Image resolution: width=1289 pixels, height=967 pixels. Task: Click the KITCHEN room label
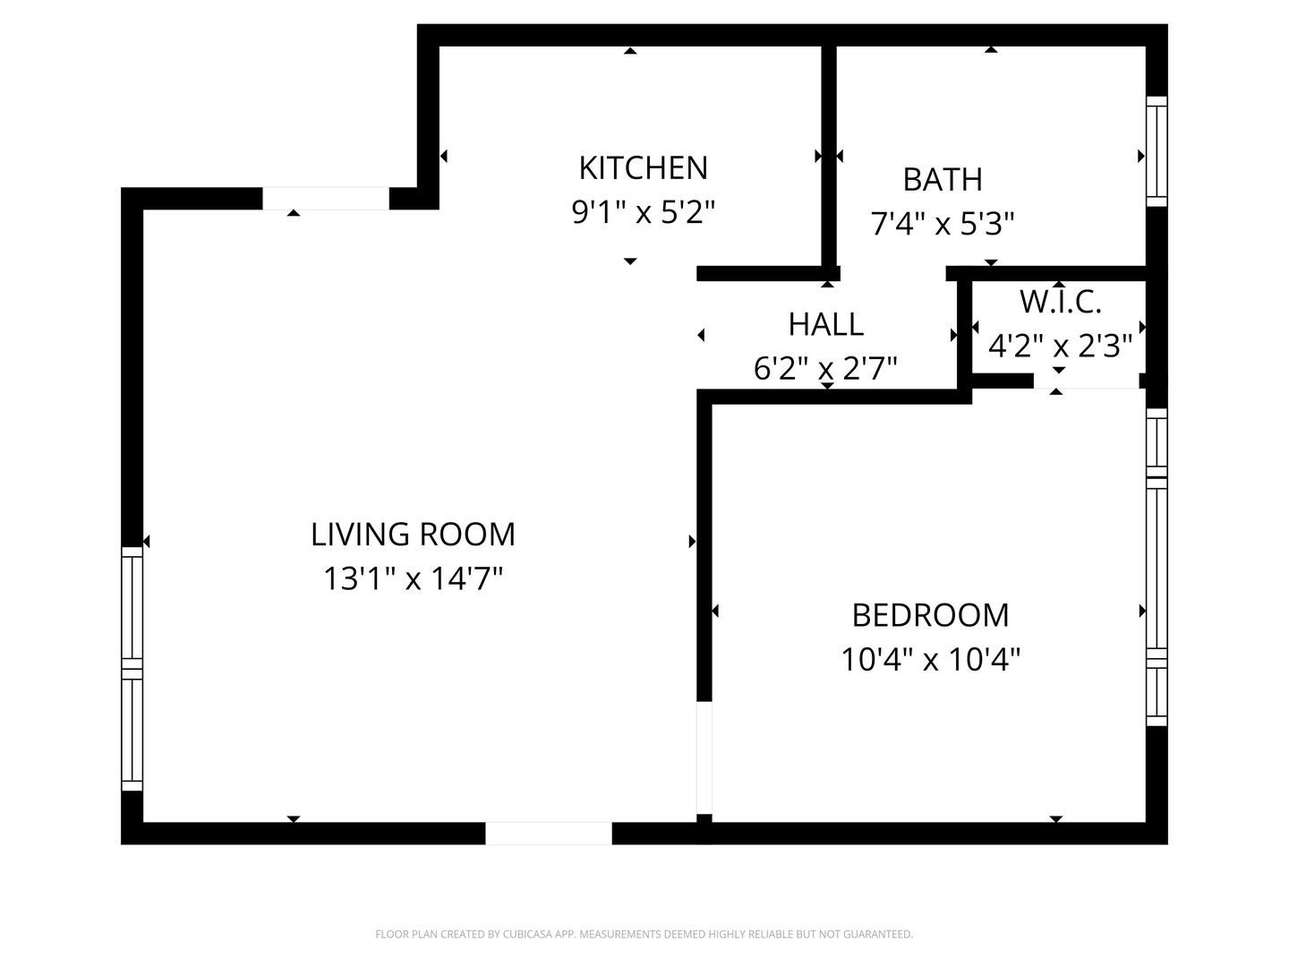(x=643, y=168)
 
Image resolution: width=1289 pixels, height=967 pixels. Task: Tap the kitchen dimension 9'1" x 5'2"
(x=643, y=212)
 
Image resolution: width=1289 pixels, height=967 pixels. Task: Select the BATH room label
(x=942, y=180)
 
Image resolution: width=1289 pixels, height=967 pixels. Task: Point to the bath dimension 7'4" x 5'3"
(x=942, y=223)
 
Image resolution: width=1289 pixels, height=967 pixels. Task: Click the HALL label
(x=825, y=324)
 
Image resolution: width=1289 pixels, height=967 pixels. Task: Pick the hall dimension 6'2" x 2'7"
(x=825, y=368)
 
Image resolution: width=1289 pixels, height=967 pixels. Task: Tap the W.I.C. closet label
(x=1060, y=303)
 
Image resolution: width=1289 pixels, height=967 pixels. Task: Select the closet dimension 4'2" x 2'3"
(x=1060, y=345)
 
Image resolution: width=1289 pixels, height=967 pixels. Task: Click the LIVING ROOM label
(x=413, y=535)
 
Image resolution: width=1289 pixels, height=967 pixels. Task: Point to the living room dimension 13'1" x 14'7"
(x=413, y=578)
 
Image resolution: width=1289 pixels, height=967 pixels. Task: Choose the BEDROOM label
(x=930, y=616)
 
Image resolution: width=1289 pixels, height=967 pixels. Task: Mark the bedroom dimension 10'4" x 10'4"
(x=930, y=660)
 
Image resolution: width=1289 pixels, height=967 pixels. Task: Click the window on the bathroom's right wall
(x=1157, y=150)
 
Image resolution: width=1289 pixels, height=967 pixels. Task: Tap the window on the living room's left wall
(x=132, y=668)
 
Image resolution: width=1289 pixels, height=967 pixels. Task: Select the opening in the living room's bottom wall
(x=548, y=834)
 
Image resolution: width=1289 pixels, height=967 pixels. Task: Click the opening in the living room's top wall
(x=325, y=198)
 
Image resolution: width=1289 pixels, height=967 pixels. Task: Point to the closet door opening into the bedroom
(x=1086, y=381)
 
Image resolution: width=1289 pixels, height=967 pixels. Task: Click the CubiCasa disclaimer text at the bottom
(x=644, y=934)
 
